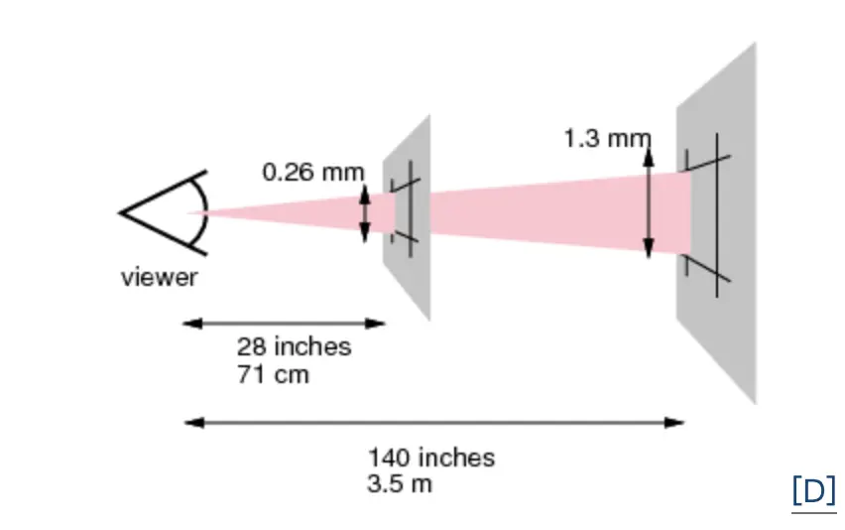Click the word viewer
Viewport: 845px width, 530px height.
point(159,278)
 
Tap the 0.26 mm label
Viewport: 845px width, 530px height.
point(312,172)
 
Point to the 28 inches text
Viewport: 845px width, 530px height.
point(294,346)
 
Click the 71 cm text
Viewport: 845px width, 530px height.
point(272,374)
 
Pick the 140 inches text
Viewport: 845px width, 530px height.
point(431,458)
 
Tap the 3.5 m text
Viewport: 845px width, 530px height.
point(400,484)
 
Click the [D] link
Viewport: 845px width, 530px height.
point(813,491)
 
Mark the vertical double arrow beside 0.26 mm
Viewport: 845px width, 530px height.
point(364,213)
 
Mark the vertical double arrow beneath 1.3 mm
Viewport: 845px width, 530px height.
point(649,199)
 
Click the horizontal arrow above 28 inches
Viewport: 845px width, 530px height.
point(285,323)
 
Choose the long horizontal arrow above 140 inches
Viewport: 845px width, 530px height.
point(434,423)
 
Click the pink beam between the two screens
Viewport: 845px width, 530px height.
point(536,212)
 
